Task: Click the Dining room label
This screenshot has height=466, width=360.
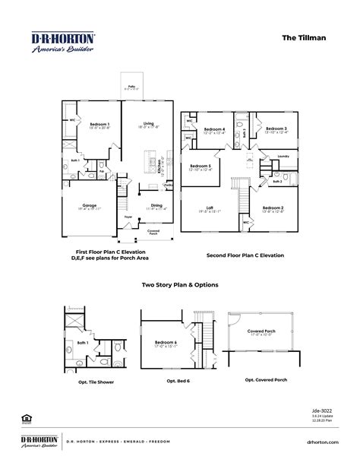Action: pyautogui.click(x=156, y=205)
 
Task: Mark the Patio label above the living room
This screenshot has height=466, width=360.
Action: pyautogui.click(x=131, y=87)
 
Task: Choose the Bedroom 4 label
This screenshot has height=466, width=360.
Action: pyautogui.click(x=216, y=129)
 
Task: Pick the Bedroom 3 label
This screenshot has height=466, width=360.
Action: pyautogui.click(x=275, y=129)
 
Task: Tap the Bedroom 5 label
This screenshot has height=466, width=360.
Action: pyautogui.click(x=201, y=166)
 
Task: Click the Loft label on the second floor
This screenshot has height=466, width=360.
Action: pyautogui.click(x=210, y=208)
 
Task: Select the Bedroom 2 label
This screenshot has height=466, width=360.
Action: pyautogui.click(x=273, y=208)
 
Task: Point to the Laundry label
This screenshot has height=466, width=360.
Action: pyautogui.click(x=284, y=157)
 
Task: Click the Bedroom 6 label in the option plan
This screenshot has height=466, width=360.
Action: pyautogui.click(x=166, y=342)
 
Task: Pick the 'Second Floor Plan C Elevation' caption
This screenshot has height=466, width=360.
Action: pyautogui.click(x=245, y=255)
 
